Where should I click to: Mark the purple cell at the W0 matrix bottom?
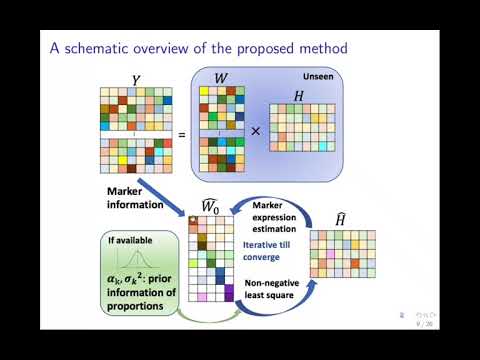(228, 294)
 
